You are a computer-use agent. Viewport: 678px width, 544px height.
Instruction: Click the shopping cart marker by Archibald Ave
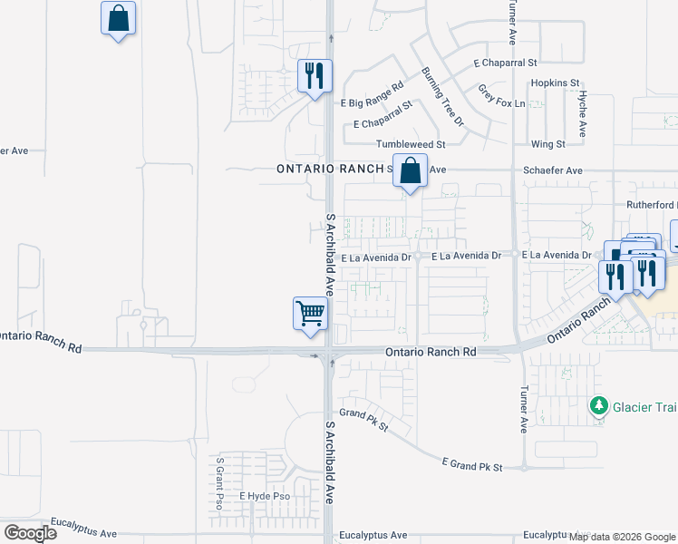pyautogui.click(x=310, y=315)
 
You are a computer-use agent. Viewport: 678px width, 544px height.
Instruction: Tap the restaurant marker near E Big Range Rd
pyautogui.click(x=315, y=76)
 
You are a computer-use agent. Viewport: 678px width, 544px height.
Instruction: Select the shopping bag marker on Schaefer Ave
pyautogui.click(x=411, y=171)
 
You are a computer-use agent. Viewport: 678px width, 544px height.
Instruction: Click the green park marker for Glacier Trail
pyautogui.click(x=598, y=406)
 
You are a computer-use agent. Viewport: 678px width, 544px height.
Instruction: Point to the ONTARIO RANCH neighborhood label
pyautogui.click(x=331, y=169)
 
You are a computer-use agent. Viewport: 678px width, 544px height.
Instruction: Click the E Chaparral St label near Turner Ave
pyautogui.click(x=505, y=63)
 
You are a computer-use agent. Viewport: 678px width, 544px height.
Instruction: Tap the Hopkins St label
pyautogui.click(x=555, y=83)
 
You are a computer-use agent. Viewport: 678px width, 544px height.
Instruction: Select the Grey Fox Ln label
pyautogui.click(x=501, y=96)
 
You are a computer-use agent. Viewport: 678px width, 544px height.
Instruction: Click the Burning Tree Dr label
pyautogui.click(x=442, y=95)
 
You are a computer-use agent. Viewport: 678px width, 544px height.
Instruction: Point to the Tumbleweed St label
pyautogui.click(x=412, y=144)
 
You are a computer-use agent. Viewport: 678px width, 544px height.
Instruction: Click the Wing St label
pyautogui.click(x=547, y=144)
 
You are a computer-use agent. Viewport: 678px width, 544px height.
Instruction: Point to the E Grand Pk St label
pyautogui.click(x=472, y=465)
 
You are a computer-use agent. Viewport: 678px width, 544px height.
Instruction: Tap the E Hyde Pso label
pyautogui.click(x=264, y=496)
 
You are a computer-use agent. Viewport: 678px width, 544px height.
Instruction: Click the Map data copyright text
pyautogui.click(x=623, y=538)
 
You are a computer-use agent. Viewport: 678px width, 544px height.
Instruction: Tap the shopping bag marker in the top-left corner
pyautogui.click(x=118, y=18)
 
